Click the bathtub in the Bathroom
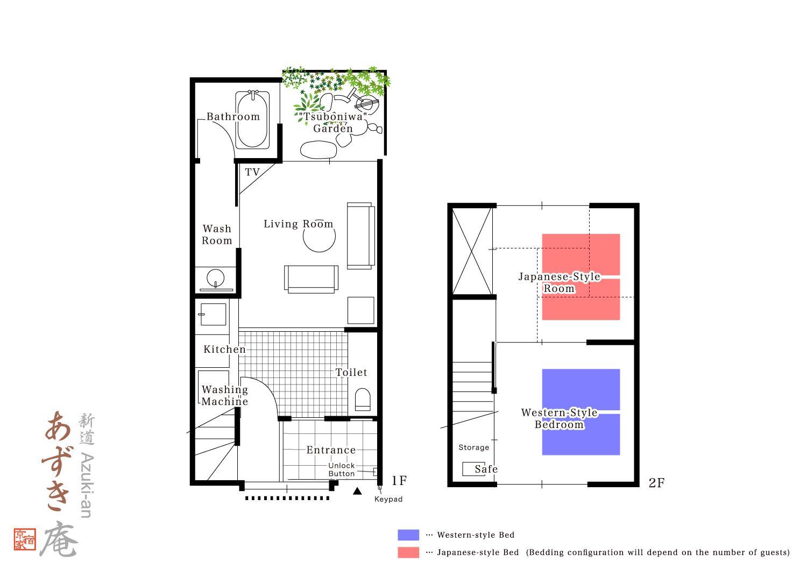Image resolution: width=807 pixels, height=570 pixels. click(252, 119)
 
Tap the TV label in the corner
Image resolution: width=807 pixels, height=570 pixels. click(252, 172)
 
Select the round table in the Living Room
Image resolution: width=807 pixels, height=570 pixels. click(319, 237)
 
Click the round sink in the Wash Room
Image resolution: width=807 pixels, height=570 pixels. click(215, 278)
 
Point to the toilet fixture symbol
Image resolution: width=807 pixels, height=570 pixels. click(363, 400)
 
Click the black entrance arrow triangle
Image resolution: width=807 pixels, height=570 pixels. click(357, 491)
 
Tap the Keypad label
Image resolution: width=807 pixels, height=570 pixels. click(388, 499)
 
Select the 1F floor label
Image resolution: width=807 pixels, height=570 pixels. click(399, 480)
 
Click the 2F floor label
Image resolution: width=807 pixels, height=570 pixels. click(656, 483)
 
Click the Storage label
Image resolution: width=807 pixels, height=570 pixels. click(474, 447)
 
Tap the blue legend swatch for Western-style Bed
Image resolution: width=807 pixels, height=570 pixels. click(408, 535)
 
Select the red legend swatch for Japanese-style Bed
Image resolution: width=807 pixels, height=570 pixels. click(408, 552)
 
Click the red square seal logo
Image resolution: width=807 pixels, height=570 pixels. click(25, 539)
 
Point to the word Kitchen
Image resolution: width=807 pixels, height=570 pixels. click(224, 350)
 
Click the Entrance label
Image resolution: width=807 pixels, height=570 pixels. click(331, 450)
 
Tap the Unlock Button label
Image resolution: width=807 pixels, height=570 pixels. click(342, 469)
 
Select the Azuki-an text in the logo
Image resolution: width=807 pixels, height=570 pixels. click(87, 485)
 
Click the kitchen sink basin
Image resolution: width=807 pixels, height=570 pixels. click(213, 315)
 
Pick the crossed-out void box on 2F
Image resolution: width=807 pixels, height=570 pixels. click(472, 251)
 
